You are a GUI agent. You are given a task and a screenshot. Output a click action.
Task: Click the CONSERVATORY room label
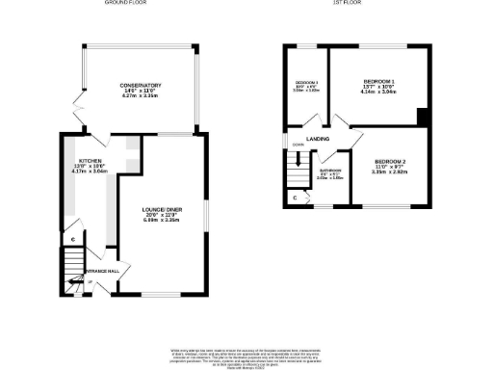[x=140, y=85]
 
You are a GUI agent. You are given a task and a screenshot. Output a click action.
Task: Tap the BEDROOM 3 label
[x=305, y=84]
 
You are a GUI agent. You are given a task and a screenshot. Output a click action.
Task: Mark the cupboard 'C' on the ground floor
[x=72, y=238]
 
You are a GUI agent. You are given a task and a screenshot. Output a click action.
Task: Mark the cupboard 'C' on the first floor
[x=294, y=198]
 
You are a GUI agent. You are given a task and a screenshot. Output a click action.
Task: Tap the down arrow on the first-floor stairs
[x=286, y=147]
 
